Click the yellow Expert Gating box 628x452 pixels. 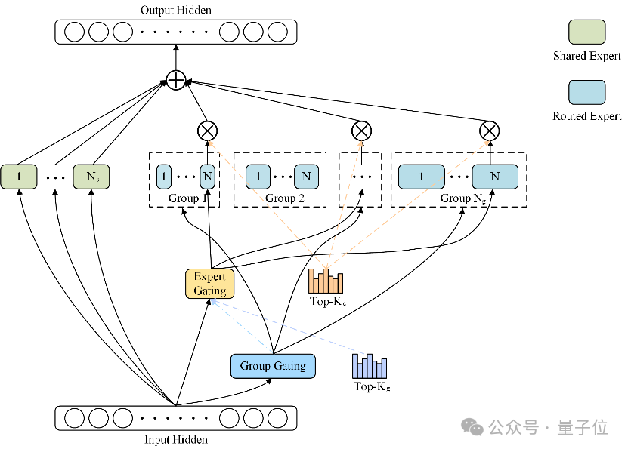click(x=209, y=284)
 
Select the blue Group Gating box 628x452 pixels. click(x=273, y=366)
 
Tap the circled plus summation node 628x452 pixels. click(x=176, y=80)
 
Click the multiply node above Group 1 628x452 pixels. click(x=208, y=131)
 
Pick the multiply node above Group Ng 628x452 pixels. click(x=490, y=131)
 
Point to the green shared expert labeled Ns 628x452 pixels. click(x=91, y=177)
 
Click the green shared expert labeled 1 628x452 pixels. click(x=19, y=177)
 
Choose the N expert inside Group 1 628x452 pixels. click(x=208, y=177)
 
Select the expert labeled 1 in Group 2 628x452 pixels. click(x=258, y=177)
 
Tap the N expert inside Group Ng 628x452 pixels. click(x=495, y=177)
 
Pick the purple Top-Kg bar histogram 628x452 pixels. click(x=370, y=366)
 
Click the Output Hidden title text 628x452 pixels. click(x=176, y=10)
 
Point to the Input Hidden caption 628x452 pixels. click(x=176, y=440)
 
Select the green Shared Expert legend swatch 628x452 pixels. click(x=586, y=32)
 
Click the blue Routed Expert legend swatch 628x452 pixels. click(x=586, y=92)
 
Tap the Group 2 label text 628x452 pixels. click(x=285, y=198)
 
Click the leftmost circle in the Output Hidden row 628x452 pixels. click(x=75, y=32)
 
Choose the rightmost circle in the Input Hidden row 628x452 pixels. click(x=277, y=418)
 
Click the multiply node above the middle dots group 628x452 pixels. click(x=361, y=131)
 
